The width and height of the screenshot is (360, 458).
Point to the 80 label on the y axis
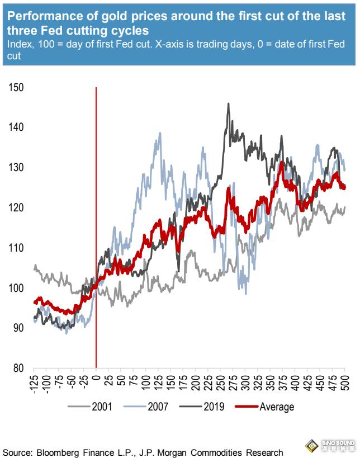pyautogui.click(x=18, y=368)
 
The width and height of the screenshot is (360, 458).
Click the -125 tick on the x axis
pyautogui.click(x=35, y=381)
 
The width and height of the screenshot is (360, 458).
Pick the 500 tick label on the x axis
pyautogui.click(x=344, y=380)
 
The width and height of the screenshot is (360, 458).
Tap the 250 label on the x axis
pyautogui.click(x=221, y=380)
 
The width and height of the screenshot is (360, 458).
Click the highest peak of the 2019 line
pyautogui.click(x=228, y=103)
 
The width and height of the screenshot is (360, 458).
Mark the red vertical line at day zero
pyautogui.click(x=97, y=224)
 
